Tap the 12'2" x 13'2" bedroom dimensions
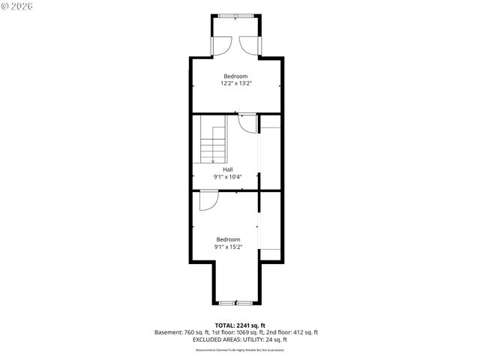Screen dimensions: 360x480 tap(235, 84)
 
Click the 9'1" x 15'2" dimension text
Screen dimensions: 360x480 tap(228, 246)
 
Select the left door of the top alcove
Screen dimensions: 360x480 tap(223, 44)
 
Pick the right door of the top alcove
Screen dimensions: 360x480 tap(248, 44)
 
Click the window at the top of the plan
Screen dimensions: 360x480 tap(235, 14)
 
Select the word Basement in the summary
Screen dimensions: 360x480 tap(168, 332)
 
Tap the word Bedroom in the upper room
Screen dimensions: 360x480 tap(235, 76)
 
